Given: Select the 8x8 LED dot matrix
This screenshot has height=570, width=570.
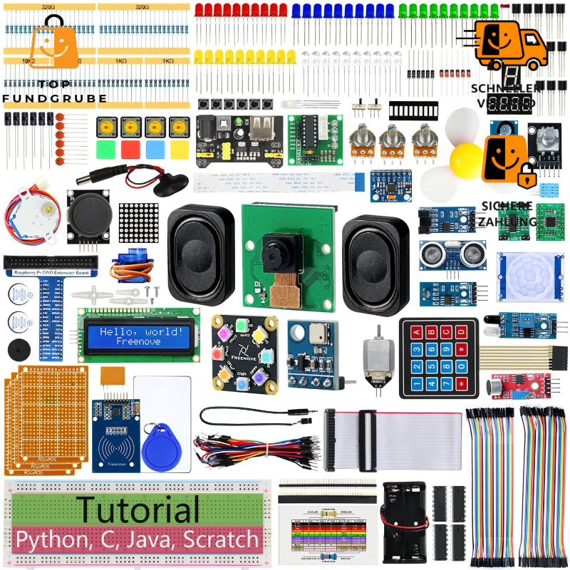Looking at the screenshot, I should click(139, 224).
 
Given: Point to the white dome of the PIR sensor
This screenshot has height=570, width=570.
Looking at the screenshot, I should click(527, 274).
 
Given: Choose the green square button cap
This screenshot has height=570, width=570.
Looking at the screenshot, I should click(107, 150).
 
